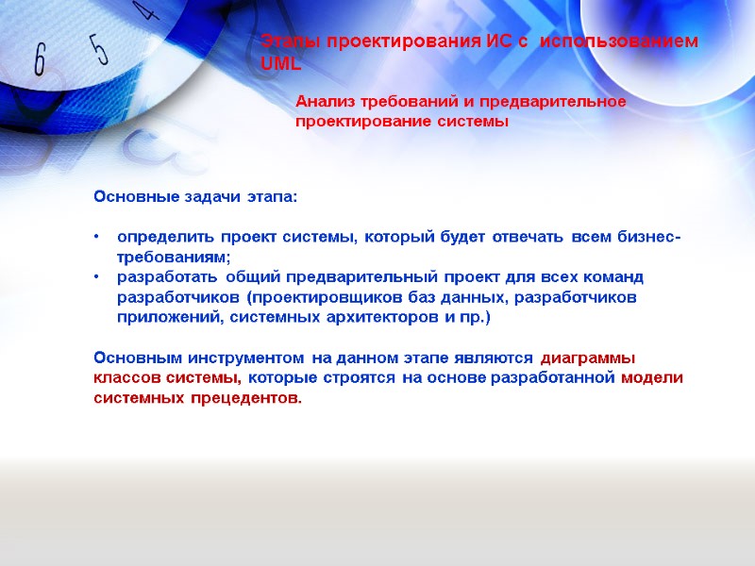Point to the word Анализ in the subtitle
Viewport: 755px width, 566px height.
325,102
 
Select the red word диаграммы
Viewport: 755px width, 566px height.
588,358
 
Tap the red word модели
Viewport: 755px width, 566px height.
652,378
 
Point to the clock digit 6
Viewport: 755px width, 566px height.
40,60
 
